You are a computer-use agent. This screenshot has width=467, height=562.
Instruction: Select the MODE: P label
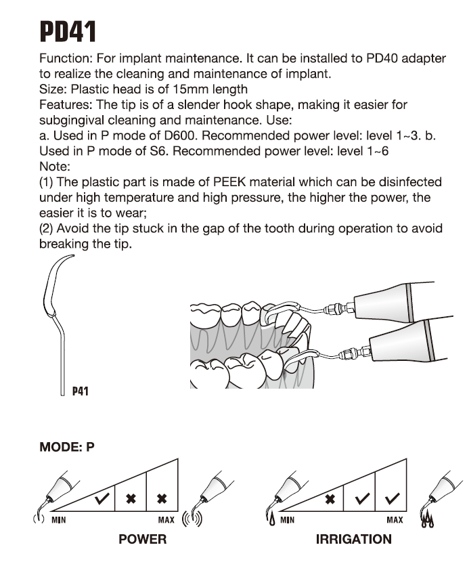pos(67,448)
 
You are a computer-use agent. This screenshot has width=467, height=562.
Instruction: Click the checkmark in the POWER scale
pos(104,500)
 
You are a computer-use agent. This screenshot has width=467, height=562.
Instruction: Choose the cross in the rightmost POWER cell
pos(162,499)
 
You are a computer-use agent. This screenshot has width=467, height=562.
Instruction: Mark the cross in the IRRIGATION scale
pos(330,500)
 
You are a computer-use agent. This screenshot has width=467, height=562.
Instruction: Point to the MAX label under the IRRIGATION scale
pos(395,520)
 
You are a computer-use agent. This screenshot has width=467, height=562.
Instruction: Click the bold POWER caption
pos(142,539)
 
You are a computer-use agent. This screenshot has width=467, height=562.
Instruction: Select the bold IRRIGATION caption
pos(353,539)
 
